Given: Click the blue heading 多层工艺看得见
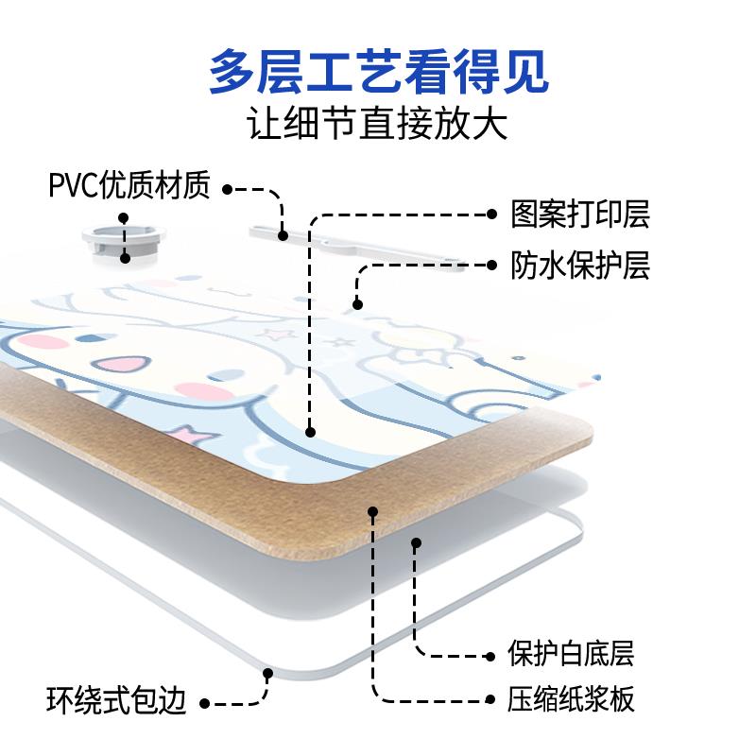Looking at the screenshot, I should [378, 71].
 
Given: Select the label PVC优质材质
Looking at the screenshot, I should [129, 186].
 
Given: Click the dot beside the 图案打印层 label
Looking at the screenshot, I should [491, 215].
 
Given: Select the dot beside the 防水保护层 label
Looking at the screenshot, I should [491, 265].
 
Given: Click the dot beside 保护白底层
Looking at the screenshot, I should [489, 654].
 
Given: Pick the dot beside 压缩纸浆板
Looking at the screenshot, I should [489, 701].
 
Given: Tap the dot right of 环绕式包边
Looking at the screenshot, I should [205, 703].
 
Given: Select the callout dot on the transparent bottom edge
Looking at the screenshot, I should [267, 674].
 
